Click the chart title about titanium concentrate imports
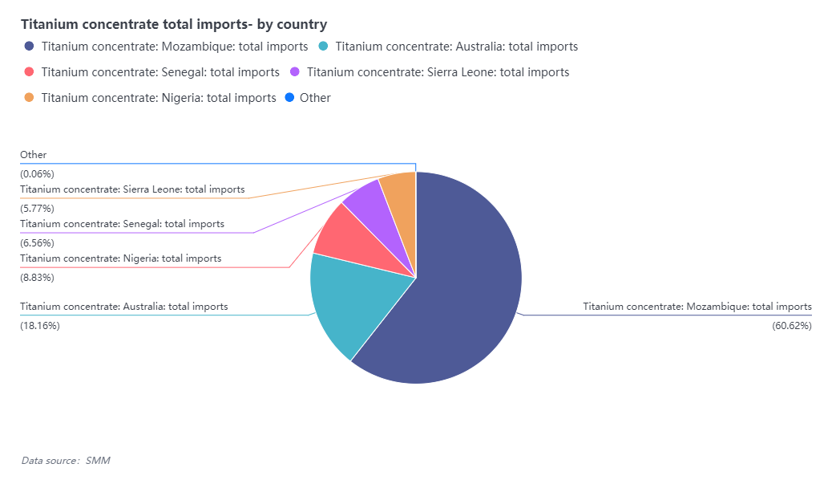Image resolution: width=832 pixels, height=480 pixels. (x=174, y=24)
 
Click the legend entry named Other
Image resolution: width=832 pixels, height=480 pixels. (x=314, y=98)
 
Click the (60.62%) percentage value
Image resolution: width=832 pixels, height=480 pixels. (x=791, y=325)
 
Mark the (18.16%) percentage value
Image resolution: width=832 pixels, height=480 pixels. (x=40, y=325)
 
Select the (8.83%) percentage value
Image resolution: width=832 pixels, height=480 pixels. (x=37, y=278)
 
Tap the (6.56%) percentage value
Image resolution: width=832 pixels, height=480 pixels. (x=37, y=242)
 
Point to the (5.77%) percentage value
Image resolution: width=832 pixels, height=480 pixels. (x=37, y=208)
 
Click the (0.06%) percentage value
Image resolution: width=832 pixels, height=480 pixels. (x=37, y=173)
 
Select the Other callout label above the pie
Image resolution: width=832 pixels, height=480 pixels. (x=34, y=155)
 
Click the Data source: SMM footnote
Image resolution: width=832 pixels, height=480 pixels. (x=66, y=460)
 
